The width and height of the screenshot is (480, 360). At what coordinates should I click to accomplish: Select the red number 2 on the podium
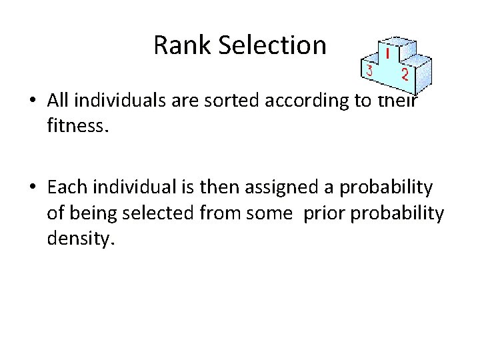tap(405, 73)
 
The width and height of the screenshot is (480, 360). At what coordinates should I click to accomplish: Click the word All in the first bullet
tap(59, 100)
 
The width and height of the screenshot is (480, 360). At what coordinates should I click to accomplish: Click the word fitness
tap(76, 125)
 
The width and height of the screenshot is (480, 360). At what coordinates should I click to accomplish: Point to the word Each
tap(65, 188)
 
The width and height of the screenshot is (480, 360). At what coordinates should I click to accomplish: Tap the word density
tap(80, 238)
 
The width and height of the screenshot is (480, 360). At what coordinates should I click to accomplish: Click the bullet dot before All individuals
tap(32, 101)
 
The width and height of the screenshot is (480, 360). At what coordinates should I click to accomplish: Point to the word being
tap(91, 213)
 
